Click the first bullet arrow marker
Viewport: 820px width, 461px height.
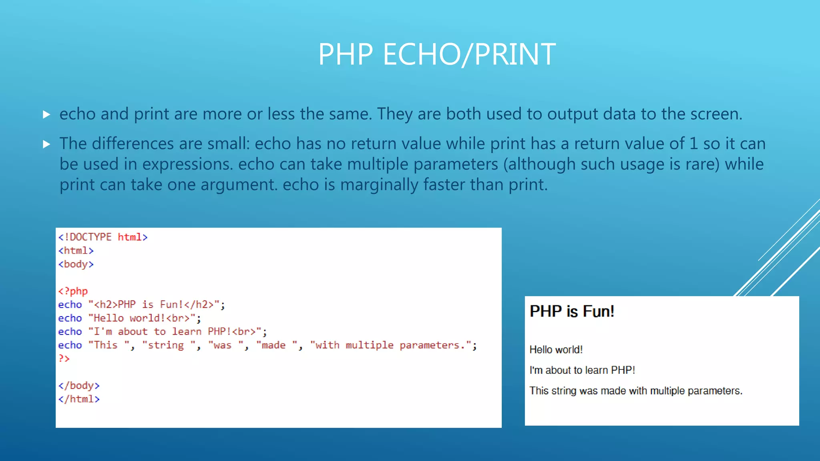(x=46, y=115)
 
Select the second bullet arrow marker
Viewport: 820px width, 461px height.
(x=46, y=144)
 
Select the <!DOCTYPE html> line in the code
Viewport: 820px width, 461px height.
(x=103, y=237)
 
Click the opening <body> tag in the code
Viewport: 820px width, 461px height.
(x=76, y=264)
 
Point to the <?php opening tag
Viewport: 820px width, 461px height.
(x=73, y=291)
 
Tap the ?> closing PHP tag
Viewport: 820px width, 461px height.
(x=64, y=359)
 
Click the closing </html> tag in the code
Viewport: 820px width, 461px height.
(x=79, y=399)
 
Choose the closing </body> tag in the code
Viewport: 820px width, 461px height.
(x=79, y=385)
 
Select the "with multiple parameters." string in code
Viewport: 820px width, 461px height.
(x=390, y=345)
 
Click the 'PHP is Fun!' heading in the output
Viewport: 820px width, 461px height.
(x=572, y=311)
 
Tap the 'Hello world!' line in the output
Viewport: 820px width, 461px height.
(x=556, y=350)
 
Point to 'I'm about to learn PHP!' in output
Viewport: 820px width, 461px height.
(x=582, y=370)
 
